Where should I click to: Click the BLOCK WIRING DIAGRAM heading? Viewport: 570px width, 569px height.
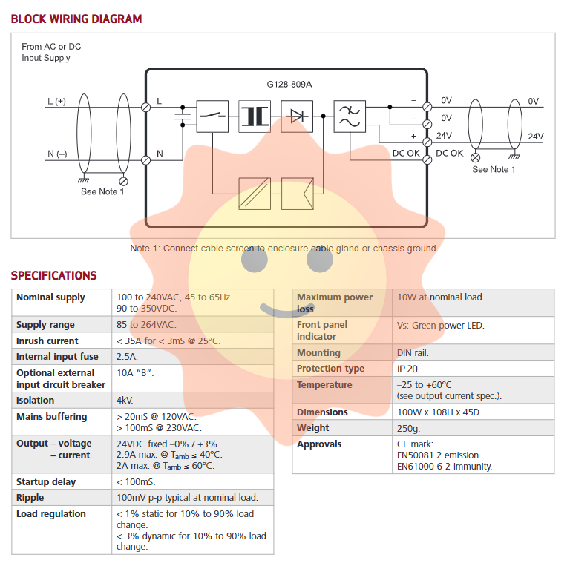click(x=76, y=19)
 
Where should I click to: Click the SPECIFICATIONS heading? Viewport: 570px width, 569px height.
click(x=53, y=275)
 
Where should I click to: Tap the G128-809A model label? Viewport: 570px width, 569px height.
click(x=289, y=84)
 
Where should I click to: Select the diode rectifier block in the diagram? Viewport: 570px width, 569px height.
click(x=298, y=116)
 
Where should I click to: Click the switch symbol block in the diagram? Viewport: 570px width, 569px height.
click(x=212, y=116)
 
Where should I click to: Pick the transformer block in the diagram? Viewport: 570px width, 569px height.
click(x=255, y=116)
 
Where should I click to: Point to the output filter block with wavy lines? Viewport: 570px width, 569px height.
click(x=349, y=116)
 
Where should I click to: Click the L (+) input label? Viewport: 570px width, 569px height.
click(x=56, y=101)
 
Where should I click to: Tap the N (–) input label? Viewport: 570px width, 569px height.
click(x=57, y=154)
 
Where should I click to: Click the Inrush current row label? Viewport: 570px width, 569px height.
click(x=47, y=341)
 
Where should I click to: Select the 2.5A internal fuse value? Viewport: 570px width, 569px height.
click(x=127, y=356)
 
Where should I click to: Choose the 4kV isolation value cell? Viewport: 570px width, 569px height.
click(x=125, y=400)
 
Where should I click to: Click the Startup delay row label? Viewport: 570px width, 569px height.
click(x=46, y=481)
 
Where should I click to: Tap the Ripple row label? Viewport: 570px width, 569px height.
click(x=30, y=497)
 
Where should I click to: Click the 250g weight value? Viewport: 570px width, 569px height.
click(x=408, y=427)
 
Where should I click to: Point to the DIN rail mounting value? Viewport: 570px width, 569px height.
click(x=413, y=352)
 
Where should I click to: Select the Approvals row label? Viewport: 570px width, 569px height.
click(x=319, y=444)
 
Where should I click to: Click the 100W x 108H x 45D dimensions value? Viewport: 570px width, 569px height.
click(x=439, y=412)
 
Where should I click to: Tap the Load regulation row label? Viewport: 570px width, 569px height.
click(x=50, y=513)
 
